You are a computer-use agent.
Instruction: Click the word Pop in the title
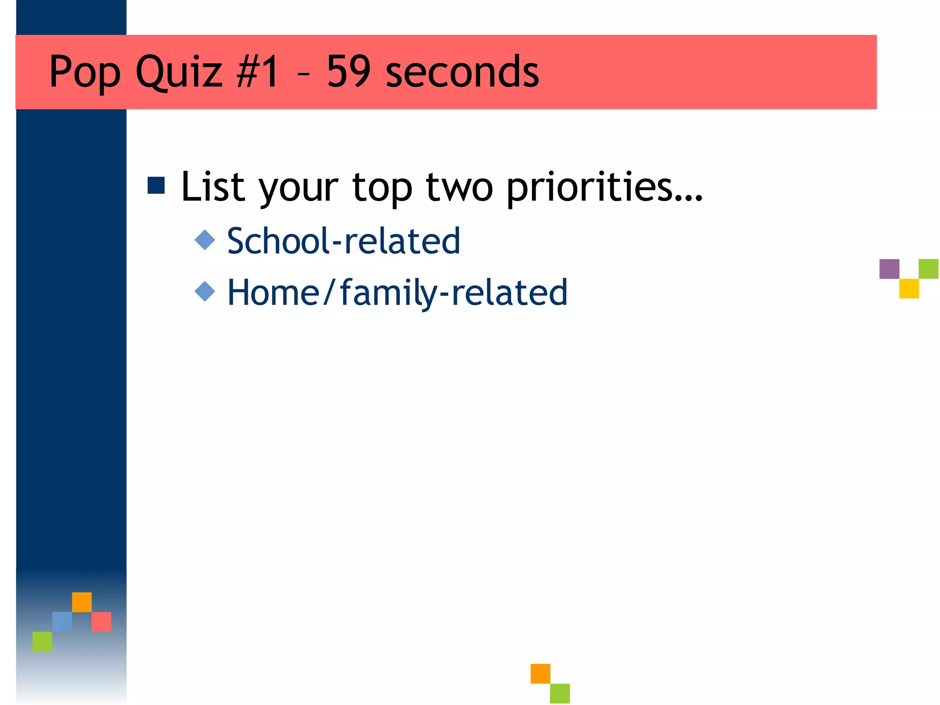click(84, 73)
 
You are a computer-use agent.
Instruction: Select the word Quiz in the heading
click(179, 73)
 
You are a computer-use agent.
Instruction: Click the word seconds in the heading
click(462, 73)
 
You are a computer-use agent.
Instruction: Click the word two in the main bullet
click(459, 187)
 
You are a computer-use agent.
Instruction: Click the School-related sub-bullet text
click(343, 241)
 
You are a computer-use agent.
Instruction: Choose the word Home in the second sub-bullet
click(274, 292)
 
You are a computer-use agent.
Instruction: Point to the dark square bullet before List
click(156, 185)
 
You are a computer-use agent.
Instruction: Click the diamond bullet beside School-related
click(205, 240)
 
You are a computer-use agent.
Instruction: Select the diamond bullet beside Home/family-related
click(205, 291)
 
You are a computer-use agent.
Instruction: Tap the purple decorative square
click(889, 269)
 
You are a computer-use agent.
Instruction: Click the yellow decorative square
click(909, 289)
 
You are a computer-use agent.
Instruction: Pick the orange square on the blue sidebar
click(82, 602)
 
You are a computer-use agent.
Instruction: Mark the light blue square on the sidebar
click(62, 621)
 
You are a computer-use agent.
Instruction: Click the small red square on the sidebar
click(101, 621)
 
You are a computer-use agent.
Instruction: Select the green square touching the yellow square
click(929, 269)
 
